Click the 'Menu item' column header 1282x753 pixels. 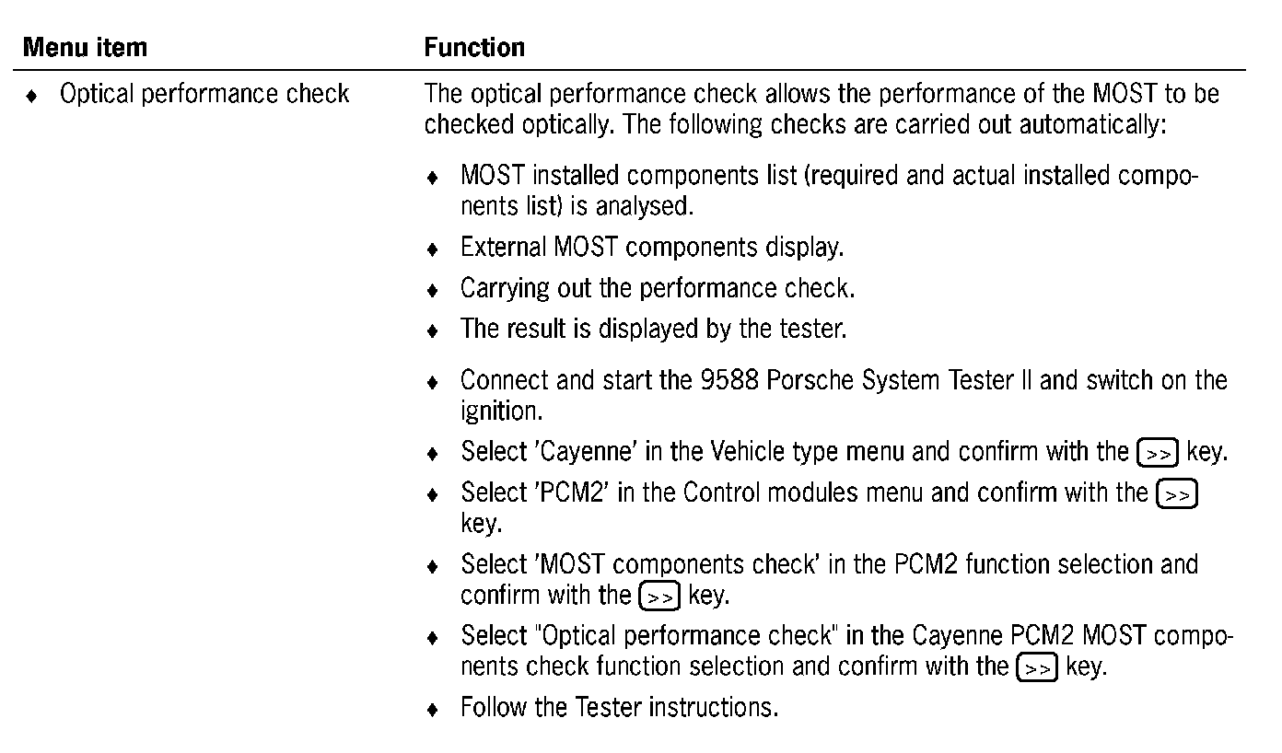coord(85,47)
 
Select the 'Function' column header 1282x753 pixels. coord(474,47)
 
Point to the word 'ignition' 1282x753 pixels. coord(501,411)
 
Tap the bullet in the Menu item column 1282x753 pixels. coord(33,96)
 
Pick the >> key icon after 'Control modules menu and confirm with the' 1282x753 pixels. coord(1176,494)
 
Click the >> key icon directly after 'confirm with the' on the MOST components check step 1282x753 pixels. coord(658,596)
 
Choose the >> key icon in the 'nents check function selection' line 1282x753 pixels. coord(1036,667)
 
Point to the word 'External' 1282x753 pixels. coord(503,248)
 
